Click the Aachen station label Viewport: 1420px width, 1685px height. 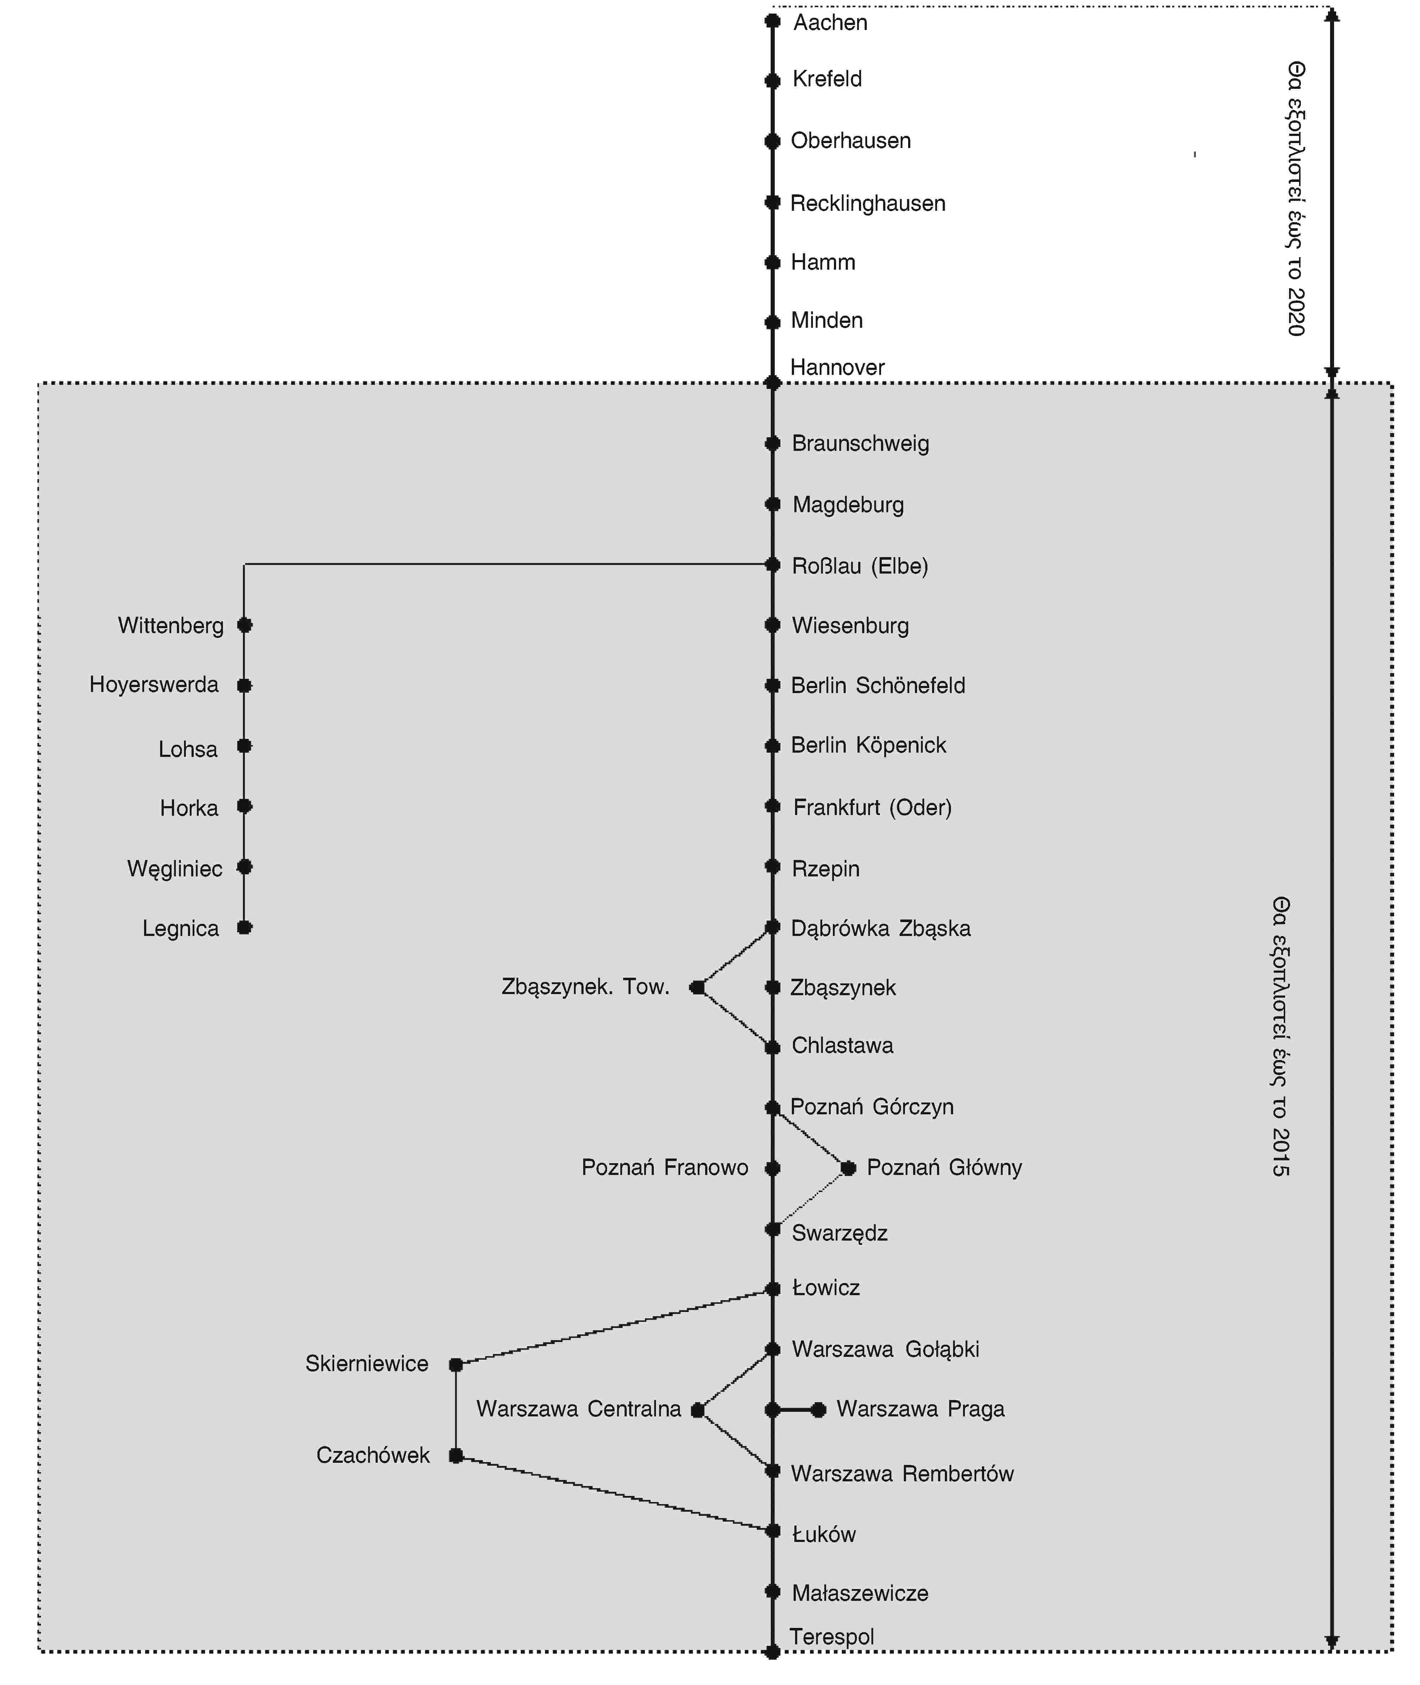(830, 22)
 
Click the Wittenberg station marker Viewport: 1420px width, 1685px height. (245, 625)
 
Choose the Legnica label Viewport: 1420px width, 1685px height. (180, 928)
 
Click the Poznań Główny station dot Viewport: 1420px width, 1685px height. (848, 1167)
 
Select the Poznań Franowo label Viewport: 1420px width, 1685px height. (665, 1167)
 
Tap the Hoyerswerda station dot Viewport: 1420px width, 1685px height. (245, 685)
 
